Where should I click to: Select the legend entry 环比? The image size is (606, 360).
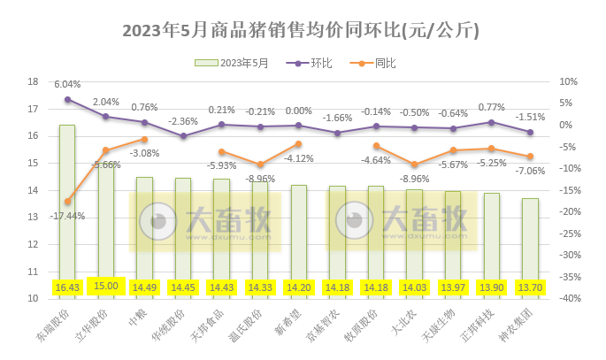[322, 63]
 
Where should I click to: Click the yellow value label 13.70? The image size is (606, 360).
[530, 287]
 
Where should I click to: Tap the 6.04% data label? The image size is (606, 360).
[67, 84]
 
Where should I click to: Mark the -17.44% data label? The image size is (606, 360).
[67, 216]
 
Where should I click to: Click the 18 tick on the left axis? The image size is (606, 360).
[34, 81]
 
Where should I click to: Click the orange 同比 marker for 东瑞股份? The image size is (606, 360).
[67, 202]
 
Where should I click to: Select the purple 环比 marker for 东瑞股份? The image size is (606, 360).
[67, 99]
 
